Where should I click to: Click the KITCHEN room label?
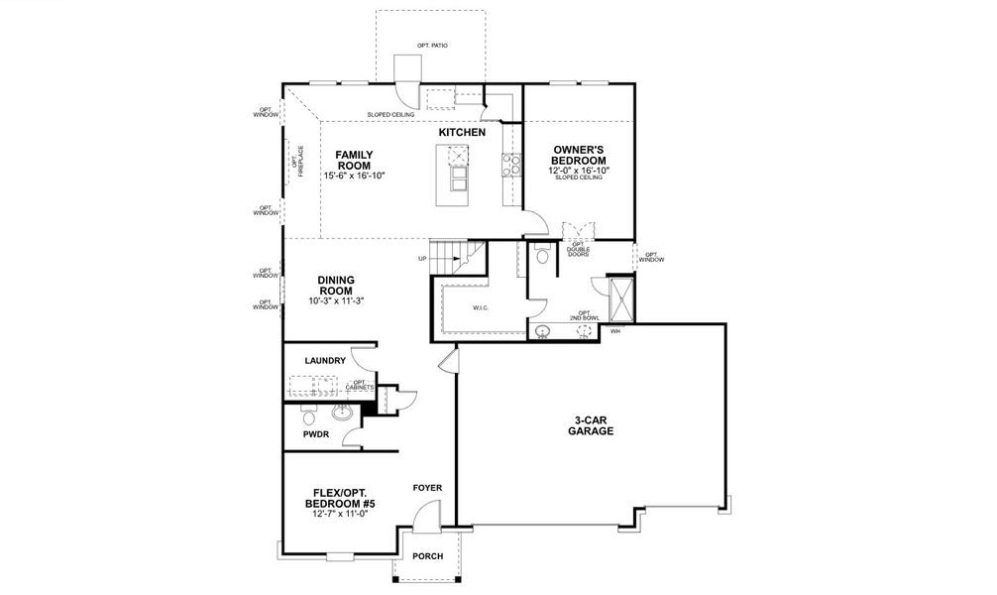pyautogui.click(x=462, y=132)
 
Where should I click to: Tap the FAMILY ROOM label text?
pyautogui.click(x=354, y=160)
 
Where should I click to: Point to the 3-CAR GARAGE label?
pyautogui.click(x=591, y=425)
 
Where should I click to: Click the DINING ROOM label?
pyautogui.click(x=336, y=285)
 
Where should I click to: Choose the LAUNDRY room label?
pyautogui.click(x=325, y=360)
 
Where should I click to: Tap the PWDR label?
pyautogui.click(x=315, y=433)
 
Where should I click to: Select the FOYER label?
pyautogui.click(x=428, y=488)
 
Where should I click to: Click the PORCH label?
pyautogui.click(x=428, y=556)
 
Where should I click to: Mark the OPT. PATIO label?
pyautogui.click(x=432, y=46)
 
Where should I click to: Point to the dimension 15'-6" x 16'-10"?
pyautogui.click(x=354, y=176)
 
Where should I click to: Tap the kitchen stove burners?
pyautogui.click(x=511, y=164)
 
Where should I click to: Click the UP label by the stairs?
pyautogui.click(x=423, y=260)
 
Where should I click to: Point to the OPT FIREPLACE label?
pyautogui.click(x=297, y=164)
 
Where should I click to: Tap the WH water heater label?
pyautogui.click(x=614, y=331)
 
